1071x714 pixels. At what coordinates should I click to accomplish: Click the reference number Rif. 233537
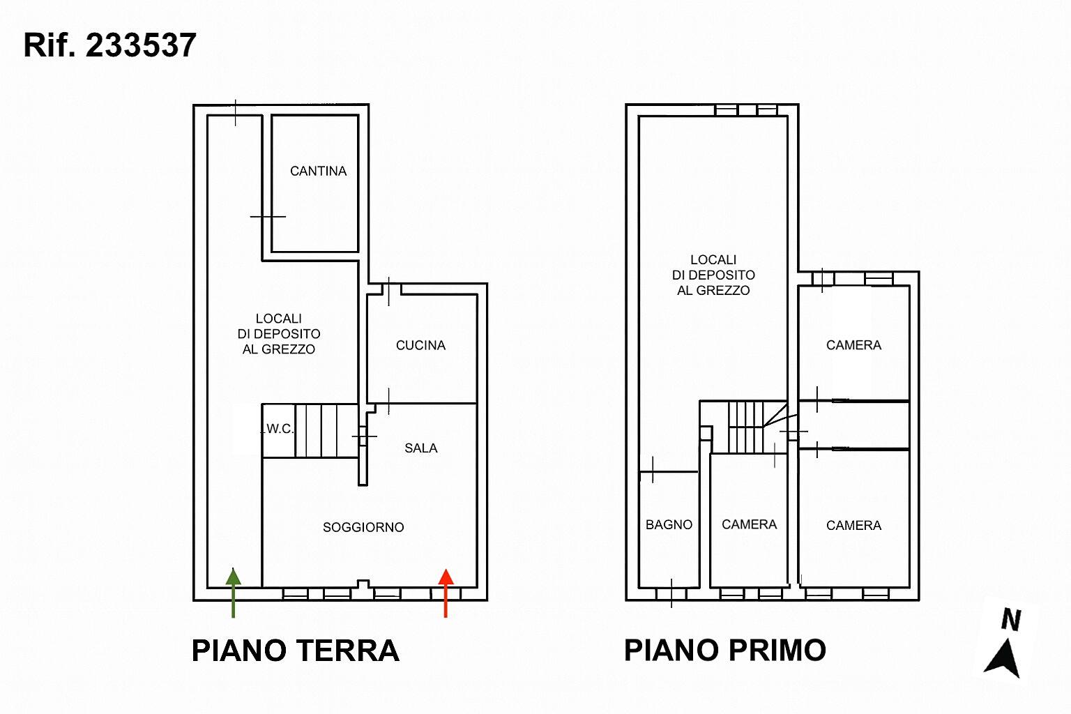click(109, 45)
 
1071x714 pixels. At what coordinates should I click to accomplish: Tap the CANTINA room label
click(318, 172)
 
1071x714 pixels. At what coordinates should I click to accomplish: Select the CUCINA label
click(420, 345)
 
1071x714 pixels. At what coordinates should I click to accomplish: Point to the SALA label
click(420, 448)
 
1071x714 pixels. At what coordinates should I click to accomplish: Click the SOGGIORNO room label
click(363, 527)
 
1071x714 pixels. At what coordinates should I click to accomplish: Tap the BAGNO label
click(669, 524)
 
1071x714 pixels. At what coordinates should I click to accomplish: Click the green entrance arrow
click(234, 593)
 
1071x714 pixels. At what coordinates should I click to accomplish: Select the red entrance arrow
click(446, 593)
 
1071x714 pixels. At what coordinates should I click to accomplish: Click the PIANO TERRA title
click(296, 651)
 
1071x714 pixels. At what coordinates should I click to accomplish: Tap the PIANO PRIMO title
click(725, 650)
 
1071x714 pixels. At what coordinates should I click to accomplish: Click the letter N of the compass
click(1011, 620)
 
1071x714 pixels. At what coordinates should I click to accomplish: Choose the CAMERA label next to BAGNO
click(750, 524)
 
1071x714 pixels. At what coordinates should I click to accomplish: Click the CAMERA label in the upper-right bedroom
click(853, 345)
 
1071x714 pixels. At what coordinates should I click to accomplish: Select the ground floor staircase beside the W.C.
click(326, 431)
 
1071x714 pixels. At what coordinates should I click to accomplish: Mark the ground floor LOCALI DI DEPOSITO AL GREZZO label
click(279, 334)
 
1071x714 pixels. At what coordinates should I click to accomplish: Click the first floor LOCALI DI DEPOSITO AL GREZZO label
click(713, 275)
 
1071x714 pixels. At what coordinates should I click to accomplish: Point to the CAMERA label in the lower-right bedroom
click(853, 526)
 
